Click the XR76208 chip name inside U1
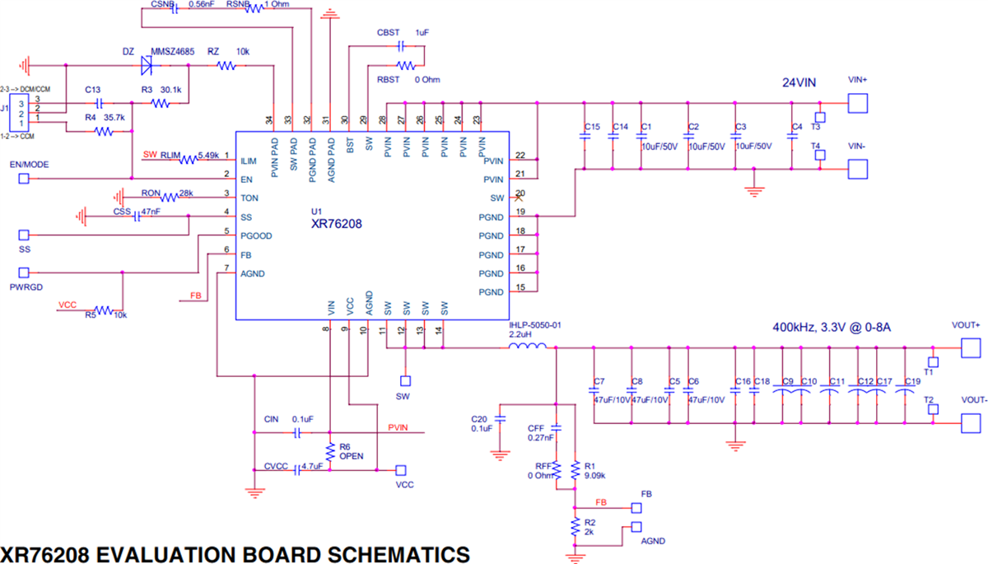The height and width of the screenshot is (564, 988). (335, 223)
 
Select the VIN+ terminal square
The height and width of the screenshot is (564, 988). (859, 103)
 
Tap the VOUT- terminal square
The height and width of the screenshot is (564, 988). (972, 423)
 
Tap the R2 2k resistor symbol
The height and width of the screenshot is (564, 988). (574, 528)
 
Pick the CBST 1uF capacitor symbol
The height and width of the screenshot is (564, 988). (401, 46)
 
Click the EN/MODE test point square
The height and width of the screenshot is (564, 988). (25, 178)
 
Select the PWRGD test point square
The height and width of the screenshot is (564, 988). (25, 272)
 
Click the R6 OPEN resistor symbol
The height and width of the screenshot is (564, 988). (329, 451)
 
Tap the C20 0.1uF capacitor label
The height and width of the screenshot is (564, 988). (482, 422)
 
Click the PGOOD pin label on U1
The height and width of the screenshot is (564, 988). (255, 235)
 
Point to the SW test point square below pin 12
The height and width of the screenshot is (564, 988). (404, 381)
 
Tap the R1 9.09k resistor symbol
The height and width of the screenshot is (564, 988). (574, 468)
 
